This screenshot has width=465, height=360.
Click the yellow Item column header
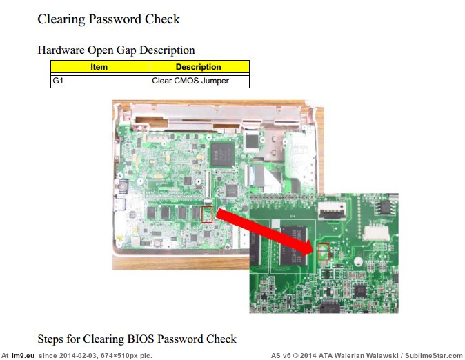[99, 67]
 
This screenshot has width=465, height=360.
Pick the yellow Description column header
[199, 67]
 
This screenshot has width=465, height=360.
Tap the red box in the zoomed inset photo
[323, 250]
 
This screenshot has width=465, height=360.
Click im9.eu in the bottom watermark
[23, 355]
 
